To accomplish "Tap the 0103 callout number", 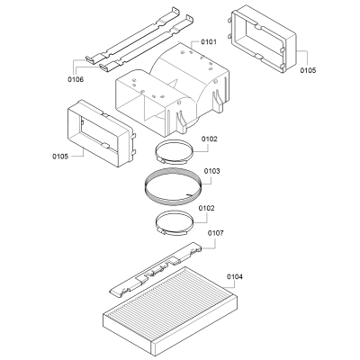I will (211, 171).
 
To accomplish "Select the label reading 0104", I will (235, 276).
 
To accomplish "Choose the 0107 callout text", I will (216, 233).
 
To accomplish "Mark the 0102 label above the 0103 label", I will (208, 139).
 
